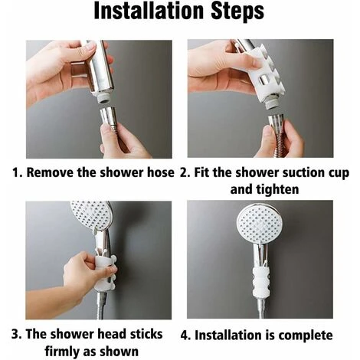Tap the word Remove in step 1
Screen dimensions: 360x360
pos(53,173)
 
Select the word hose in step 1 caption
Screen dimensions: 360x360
pos(160,173)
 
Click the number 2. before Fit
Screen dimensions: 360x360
pos(185,173)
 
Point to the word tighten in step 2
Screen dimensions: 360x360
pos(273,188)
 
